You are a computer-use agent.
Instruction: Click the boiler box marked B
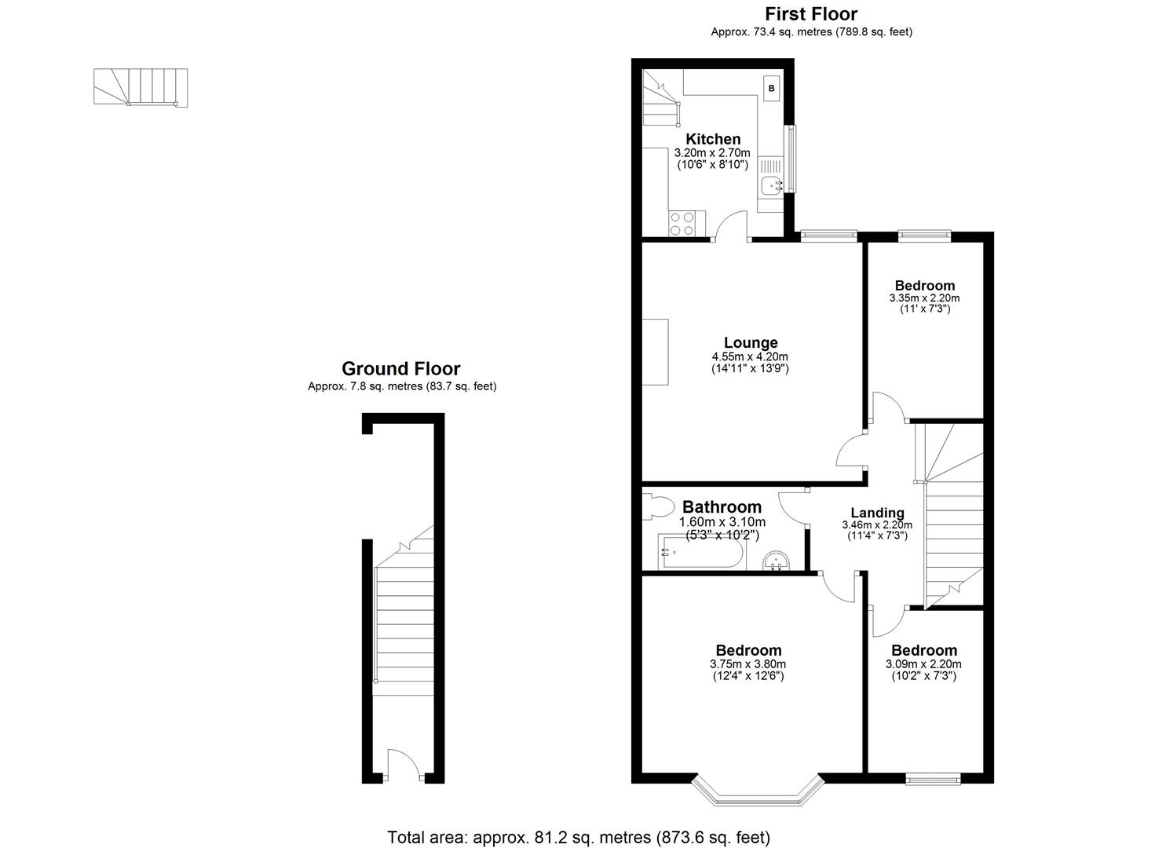click(x=771, y=89)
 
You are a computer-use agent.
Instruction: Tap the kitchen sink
click(x=769, y=186)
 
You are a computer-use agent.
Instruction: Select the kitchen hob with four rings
click(x=131, y=224)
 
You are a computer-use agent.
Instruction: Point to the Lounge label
click(x=751, y=342)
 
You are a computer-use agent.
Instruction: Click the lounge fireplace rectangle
click(x=656, y=352)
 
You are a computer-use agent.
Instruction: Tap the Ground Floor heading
click(x=400, y=368)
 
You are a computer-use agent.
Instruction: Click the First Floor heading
click(x=811, y=13)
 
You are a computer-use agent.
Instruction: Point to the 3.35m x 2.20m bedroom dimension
click(x=924, y=298)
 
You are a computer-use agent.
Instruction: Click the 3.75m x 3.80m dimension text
click(x=748, y=663)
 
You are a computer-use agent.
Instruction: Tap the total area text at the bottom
click(x=579, y=837)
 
